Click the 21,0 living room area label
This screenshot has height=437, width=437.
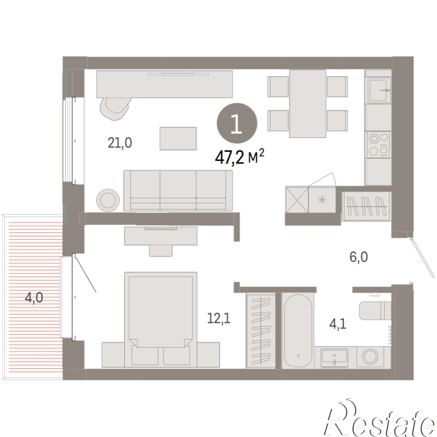[x=120, y=143]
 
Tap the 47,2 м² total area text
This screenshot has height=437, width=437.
[x=240, y=157]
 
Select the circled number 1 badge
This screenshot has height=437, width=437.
[x=237, y=123]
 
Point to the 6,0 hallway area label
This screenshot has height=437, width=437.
[x=359, y=257]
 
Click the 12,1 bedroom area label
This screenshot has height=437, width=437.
[x=219, y=318]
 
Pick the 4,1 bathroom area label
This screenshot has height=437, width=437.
[x=338, y=324]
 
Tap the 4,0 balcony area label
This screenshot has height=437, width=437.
[x=34, y=298]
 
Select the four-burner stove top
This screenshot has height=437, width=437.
[x=378, y=145]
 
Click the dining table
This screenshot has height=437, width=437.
[x=307, y=104]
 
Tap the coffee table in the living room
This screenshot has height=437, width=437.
[x=178, y=138]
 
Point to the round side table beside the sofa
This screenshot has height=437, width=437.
[x=108, y=200]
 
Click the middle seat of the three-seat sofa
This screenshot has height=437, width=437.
[x=178, y=190]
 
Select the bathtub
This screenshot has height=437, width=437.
[x=298, y=331]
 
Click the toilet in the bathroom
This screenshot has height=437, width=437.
[x=375, y=311]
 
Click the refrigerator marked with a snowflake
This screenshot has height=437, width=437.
[x=322, y=200]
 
